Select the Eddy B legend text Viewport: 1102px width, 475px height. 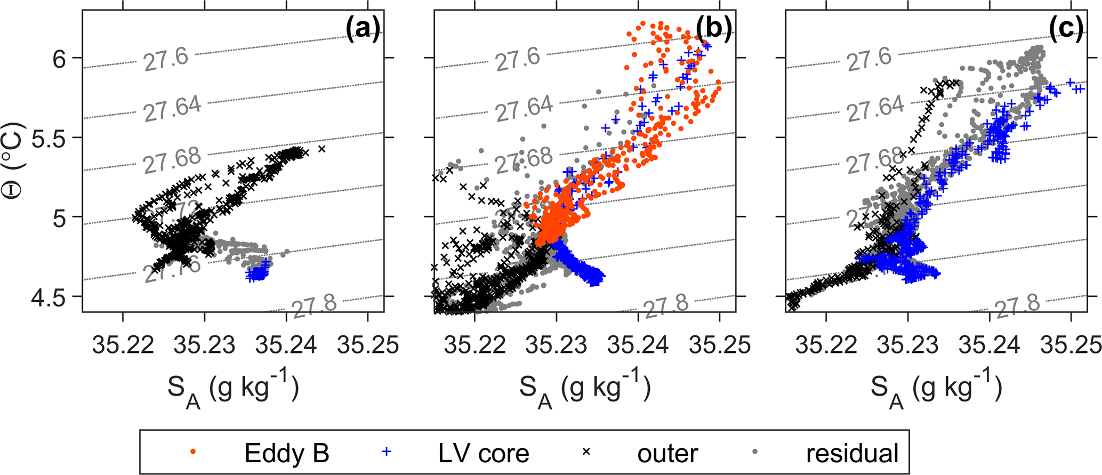point(287,453)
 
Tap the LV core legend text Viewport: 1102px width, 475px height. point(484,453)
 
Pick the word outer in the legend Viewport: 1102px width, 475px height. point(667,453)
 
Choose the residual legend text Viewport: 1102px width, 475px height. point(852,453)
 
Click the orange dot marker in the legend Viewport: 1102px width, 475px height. point(194,452)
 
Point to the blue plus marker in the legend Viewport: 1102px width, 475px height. point(387,452)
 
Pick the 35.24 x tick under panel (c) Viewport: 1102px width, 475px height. point(990,345)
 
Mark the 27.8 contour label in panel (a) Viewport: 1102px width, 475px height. point(315,305)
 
